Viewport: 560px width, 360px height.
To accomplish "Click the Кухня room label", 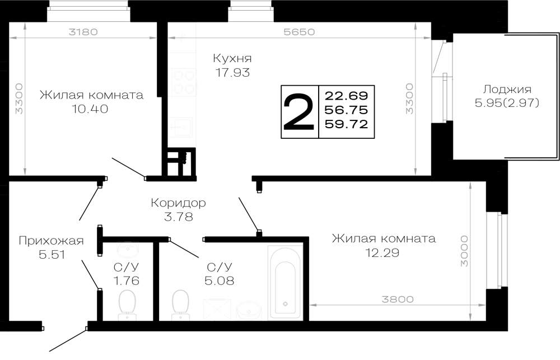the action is point(232,58).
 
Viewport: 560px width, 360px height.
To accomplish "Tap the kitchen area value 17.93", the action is point(232,72).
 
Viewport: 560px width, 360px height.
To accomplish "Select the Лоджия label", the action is point(507,89).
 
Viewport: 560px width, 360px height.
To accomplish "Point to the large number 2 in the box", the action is point(298,112).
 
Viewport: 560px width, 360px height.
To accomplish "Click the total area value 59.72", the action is point(346,124).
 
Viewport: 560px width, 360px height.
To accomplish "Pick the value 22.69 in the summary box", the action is point(346,96).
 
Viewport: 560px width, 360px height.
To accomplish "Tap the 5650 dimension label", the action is point(299,32).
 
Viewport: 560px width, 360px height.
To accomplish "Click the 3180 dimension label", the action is point(83,32).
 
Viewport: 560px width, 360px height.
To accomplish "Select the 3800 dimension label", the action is point(398,299).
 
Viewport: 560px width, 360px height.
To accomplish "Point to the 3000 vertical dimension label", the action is point(464,251).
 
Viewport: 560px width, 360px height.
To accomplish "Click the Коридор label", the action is point(178,203).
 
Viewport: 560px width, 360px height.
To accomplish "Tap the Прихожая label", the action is point(51,241).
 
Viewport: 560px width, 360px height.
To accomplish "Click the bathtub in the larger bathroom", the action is point(285,282).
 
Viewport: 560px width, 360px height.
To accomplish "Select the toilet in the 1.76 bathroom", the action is point(127,305).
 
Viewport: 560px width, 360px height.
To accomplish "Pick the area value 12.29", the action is point(382,253).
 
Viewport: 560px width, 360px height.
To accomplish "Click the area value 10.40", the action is point(90,109).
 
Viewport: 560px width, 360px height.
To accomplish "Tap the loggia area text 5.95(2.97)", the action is point(507,103).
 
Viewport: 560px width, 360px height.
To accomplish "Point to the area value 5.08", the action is point(220,280).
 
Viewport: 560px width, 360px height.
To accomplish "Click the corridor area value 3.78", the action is point(179,217).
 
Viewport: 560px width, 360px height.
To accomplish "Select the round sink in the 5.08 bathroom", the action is point(250,310).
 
